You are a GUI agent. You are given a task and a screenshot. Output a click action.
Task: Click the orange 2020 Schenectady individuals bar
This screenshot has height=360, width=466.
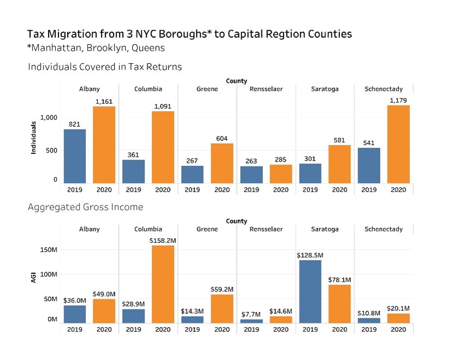pyautogui.click(x=398, y=144)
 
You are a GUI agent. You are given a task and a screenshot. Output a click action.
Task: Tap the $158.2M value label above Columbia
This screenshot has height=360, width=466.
pyautogui.click(x=163, y=240)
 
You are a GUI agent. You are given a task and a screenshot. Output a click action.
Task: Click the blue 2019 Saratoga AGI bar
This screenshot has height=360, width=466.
pyautogui.click(x=310, y=291)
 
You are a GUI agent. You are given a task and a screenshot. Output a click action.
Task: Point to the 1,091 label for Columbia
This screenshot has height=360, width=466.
pyautogui.click(x=163, y=106)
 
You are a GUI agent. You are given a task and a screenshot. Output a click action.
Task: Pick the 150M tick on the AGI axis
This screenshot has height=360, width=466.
pyautogui.click(x=50, y=250)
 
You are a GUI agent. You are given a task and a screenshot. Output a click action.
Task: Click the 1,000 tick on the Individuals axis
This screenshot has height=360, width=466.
pyautogui.click(x=48, y=118)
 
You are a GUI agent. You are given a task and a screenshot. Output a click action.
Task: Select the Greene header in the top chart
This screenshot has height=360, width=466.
pyautogui.click(x=207, y=89)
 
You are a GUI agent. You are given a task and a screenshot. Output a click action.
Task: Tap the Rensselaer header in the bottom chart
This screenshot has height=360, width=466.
pyautogui.click(x=266, y=229)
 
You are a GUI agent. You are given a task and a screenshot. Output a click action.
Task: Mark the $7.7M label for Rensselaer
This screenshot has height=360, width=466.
pyautogui.click(x=251, y=314)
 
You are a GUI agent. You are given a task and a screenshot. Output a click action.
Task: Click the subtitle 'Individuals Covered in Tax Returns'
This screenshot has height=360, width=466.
pyautogui.click(x=105, y=67)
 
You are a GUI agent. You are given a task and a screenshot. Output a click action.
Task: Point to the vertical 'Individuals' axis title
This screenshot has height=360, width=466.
pyautogui.click(x=34, y=137)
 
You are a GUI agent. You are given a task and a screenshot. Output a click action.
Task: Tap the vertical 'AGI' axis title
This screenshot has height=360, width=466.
pyautogui.click(x=33, y=278)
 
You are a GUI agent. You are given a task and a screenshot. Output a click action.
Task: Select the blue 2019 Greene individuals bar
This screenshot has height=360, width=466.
pyautogui.click(x=192, y=175)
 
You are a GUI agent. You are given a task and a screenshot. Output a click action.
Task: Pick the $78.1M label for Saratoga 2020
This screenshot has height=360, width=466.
pyautogui.click(x=339, y=279)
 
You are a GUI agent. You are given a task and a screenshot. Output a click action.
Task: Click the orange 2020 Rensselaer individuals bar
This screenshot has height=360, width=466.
pyautogui.click(x=280, y=173)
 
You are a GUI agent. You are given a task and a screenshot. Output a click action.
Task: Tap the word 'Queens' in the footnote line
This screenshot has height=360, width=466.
pyautogui.click(x=148, y=47)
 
